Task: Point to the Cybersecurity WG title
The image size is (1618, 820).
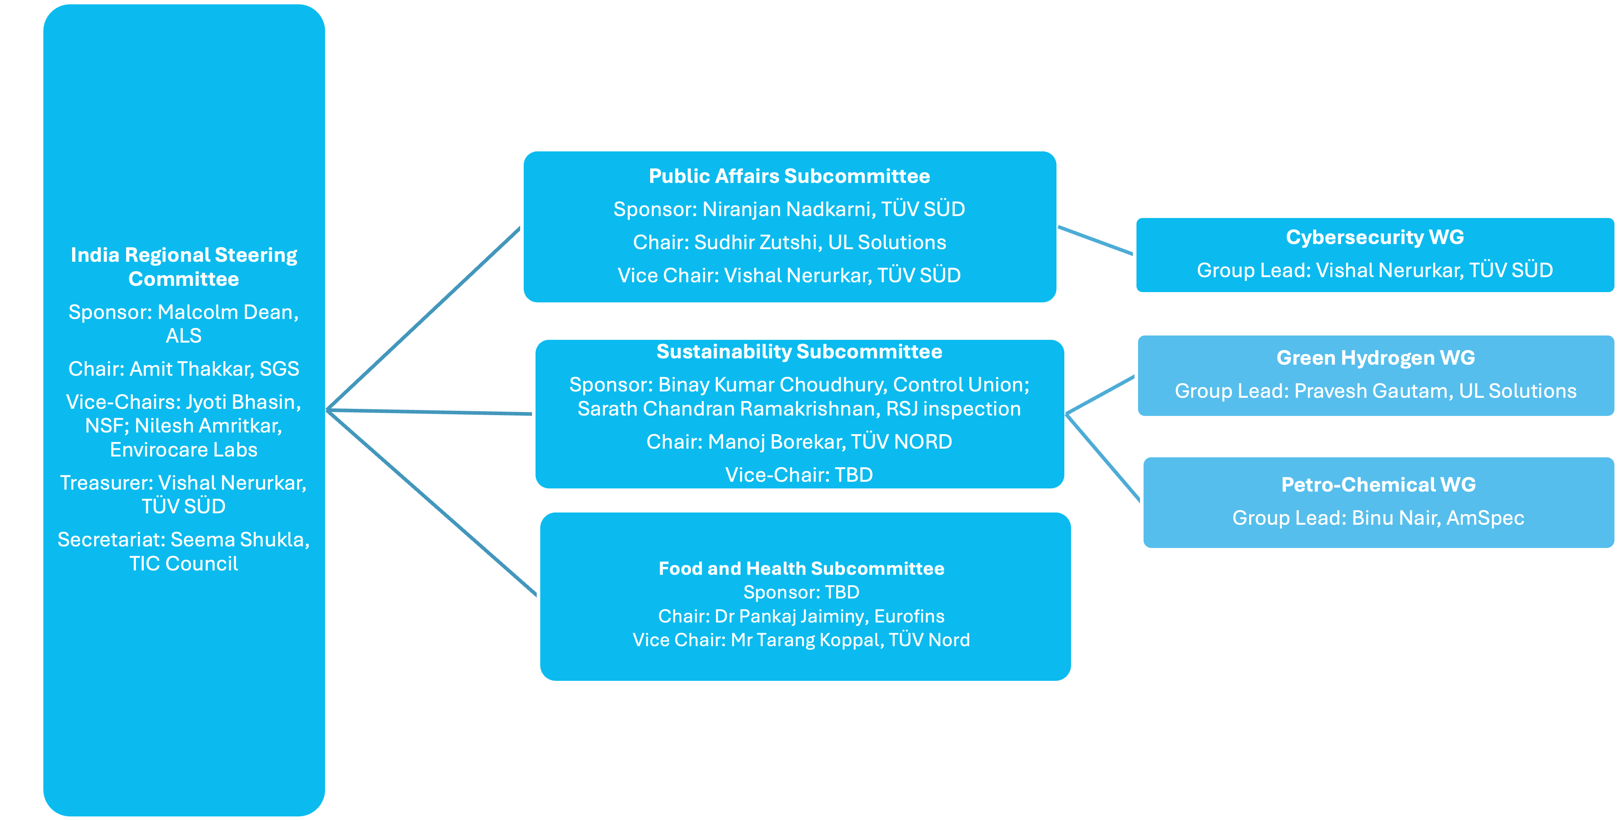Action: point(1374,237)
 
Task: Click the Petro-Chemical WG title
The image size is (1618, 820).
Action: point(1378,485)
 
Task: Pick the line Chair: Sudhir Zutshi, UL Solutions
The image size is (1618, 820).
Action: point(789,242)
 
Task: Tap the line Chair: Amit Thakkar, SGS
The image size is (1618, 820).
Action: point(183,369)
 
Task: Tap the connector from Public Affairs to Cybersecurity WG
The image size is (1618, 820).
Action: point(1096,240)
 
